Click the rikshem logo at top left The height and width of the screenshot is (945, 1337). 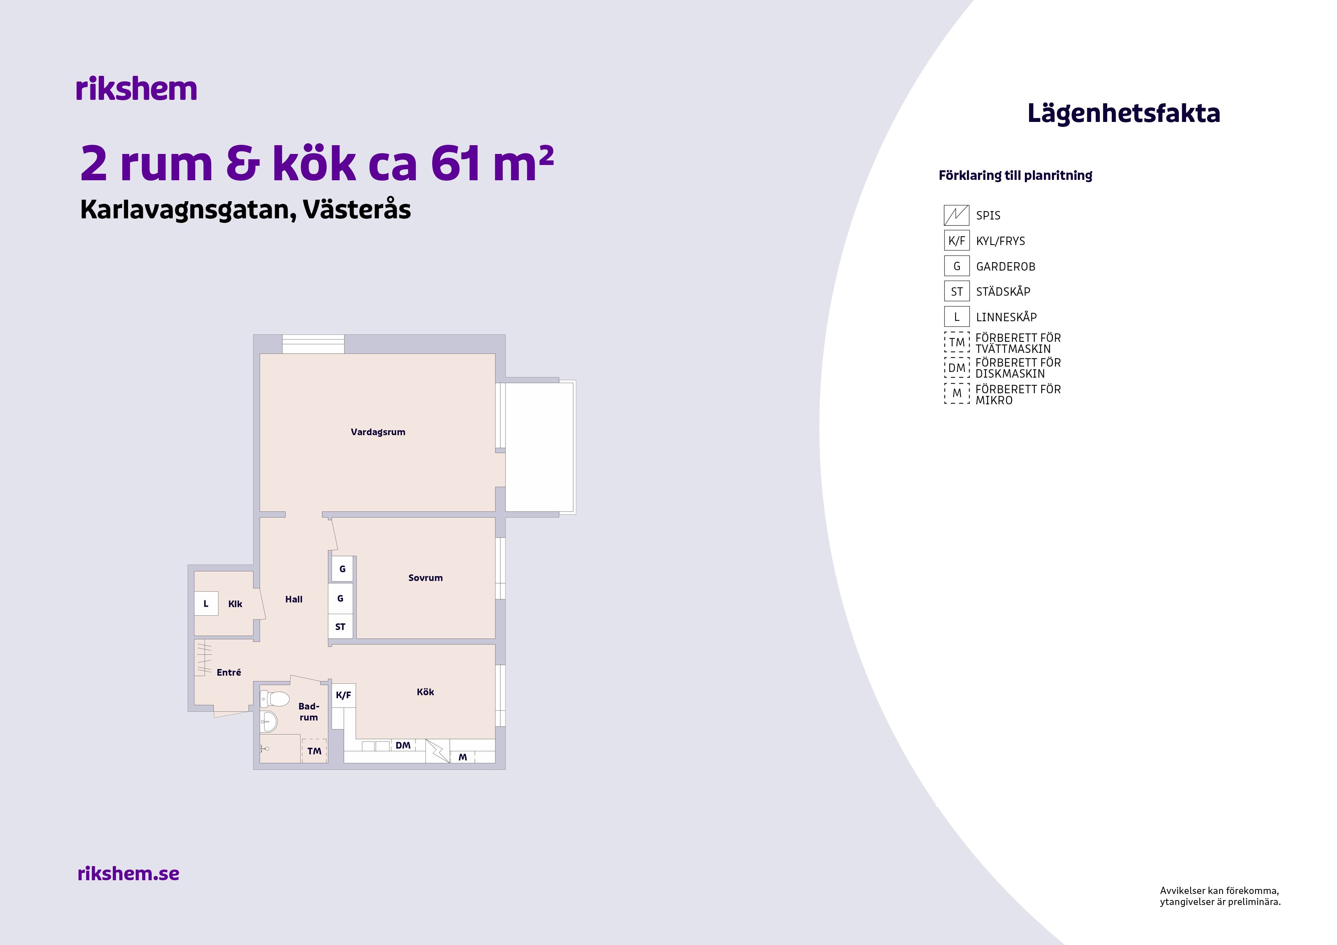pyautogui.click(x=136, y=89)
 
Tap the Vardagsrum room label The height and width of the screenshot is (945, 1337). pyautogui.click(x=378, y=432)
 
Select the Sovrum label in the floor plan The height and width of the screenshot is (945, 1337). pyautogui.click(x=425, y=578)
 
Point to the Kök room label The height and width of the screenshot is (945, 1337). pyautogui.click(x=425, y=692)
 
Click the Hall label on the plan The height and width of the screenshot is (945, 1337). pyautogui.click(x=293, y=599)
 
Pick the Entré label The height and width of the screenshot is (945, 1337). pyautogui.click(x=229, y=673)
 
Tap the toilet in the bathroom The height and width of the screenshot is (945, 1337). pyautogui.click(x=275, y=698)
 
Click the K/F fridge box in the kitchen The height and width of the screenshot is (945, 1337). pyautogui.click(x=343, y=695)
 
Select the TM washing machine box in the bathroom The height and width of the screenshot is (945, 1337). pyautogui.click(x=314, y=751)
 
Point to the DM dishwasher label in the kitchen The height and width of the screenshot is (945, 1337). pyautogui.click(x=403, y=745)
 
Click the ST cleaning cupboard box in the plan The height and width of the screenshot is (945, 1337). pyautogui.click(x=341, y=626)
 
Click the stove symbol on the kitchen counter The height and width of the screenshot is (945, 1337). pyautogui.click(x=438, y=751)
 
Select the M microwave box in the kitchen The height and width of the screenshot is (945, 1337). pyautogui.click(x=463, y=757)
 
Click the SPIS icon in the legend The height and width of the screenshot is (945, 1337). pyautogui.click(x=957, y=215)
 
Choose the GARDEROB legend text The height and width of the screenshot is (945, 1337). pyautogui.click(x=1006, y=267)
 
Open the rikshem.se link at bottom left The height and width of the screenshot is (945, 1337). pyautogui.click(x=128, y=873)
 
